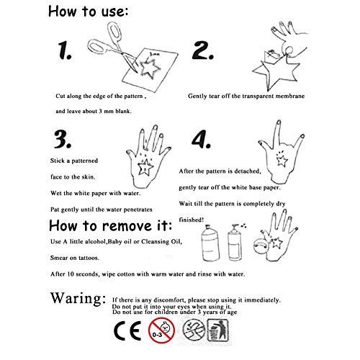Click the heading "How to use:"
point(88,12)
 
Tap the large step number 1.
point(65,50)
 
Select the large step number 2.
point(203,50)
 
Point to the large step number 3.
point(63,139)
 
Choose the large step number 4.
point(201,139)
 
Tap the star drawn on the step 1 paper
point(149,69)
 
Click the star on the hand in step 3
point(145,167)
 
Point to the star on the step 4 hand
point(282,161)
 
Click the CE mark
point(127,330)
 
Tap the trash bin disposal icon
point(218,330)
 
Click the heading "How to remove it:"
point(110,225)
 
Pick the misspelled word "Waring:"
point(78,298)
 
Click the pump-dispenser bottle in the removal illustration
point(235,243)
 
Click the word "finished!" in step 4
point(192,220)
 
